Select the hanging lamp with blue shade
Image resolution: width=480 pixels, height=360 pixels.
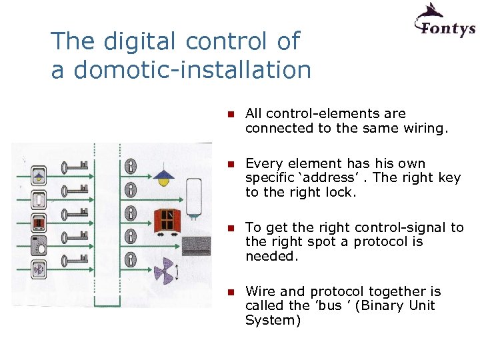coord(163,176)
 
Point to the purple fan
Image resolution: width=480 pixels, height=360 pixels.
coord(163,271)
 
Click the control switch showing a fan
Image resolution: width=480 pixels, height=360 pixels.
coord(39,270)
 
